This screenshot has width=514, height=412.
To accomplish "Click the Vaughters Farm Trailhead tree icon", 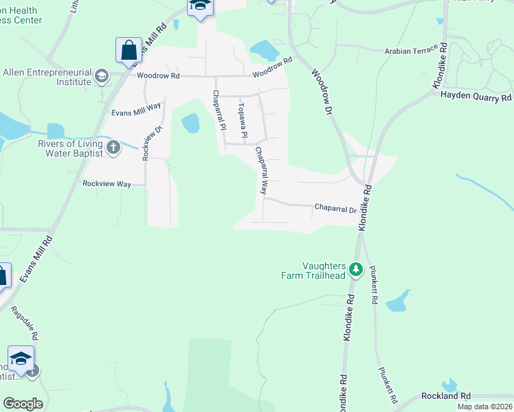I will point(355,268).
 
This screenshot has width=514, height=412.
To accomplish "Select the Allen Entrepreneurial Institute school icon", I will point(102,76).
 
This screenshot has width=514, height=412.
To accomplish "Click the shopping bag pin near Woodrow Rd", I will point(128,50).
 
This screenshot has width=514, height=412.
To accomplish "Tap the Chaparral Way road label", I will point(262,170).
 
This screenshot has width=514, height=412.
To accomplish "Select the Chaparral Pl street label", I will point(219,110).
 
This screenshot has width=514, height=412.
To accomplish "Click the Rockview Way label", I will point(106,184).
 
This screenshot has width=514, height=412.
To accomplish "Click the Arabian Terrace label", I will point(410,51).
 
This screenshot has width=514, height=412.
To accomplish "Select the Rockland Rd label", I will point(447,396).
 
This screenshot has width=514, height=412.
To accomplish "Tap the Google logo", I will point(23,404).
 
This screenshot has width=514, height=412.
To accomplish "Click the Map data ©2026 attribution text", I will point(484,407).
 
